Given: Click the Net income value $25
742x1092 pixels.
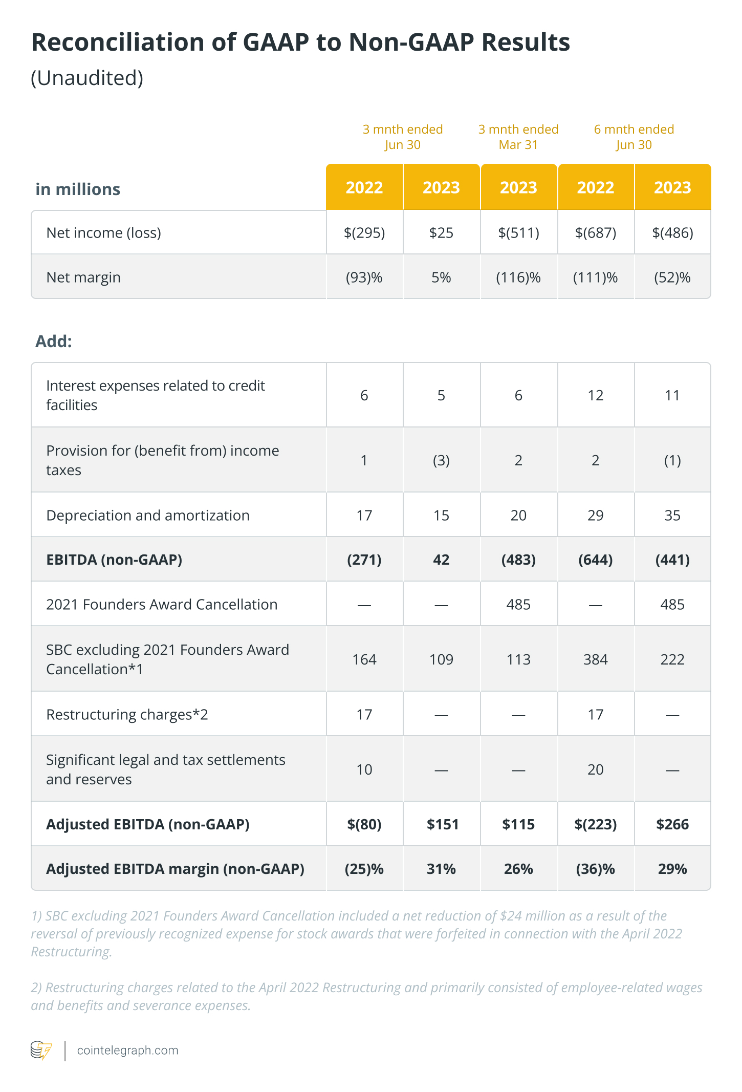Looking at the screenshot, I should (x=441, y=233).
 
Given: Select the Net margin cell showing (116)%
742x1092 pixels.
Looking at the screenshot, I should (x=518, y=277).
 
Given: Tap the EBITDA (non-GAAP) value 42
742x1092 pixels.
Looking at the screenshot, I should (x=441, y=560).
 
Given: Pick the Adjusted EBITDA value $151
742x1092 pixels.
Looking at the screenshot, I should (x=443, y=824).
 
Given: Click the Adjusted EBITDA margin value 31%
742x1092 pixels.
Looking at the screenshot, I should (x=441, y=869).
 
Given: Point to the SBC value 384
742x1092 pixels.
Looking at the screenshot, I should (x=596, y=659).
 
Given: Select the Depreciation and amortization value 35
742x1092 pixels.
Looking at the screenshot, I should (x=672, y=515).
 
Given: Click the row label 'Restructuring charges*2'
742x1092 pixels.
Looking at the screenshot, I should (x=127, y=714).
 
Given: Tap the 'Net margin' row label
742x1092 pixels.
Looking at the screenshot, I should (x=83, y=277).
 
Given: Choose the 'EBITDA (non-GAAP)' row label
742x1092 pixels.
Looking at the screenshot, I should (x=114, y=560).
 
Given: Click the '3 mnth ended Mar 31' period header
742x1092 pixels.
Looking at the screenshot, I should (x=518, y=137).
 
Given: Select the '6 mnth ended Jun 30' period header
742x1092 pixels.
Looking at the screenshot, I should (x=634, y=137).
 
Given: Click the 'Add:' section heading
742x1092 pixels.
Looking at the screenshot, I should (x=54, y=341).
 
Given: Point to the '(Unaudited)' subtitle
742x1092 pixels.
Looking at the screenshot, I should (x=87, y=78).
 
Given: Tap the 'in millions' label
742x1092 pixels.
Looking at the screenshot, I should (x=78, y=189).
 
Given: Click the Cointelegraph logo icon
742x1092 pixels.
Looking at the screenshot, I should (x=41, y=1050).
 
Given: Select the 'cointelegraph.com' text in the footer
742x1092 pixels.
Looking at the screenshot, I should (x=127, y=1051).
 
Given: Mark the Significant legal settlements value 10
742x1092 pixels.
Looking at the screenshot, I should (x=364, y=769).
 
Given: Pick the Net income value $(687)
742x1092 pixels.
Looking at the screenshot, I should (x=596, y=233).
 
